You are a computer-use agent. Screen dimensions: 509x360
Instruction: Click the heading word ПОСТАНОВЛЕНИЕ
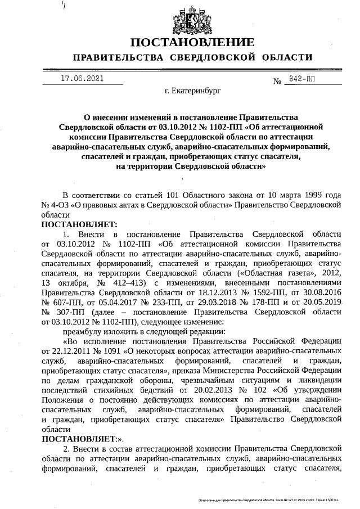click(192, 43)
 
